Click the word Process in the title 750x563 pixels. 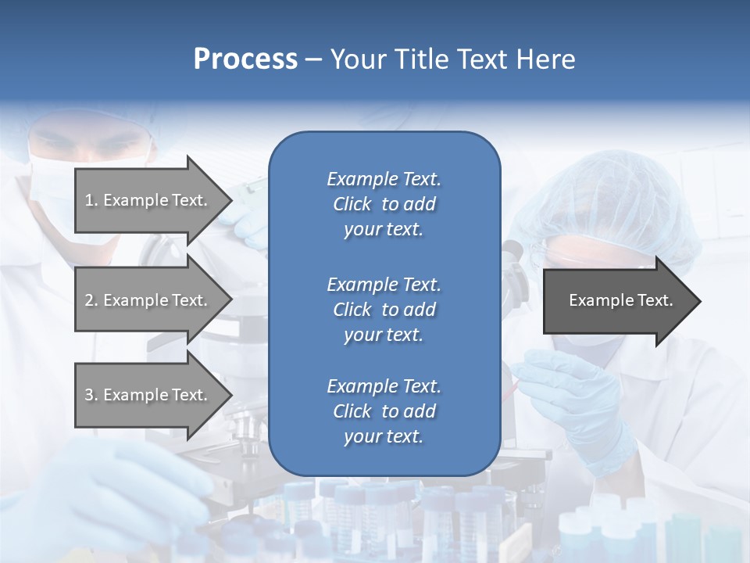(245, 59)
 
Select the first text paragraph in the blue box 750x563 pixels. (384, 204)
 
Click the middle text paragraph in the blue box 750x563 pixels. (384, 310)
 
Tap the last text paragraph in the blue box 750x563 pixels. (384, 411)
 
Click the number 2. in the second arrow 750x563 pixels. (91, 300)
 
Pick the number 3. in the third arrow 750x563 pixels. (91, 395)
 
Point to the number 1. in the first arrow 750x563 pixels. (91, 200)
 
